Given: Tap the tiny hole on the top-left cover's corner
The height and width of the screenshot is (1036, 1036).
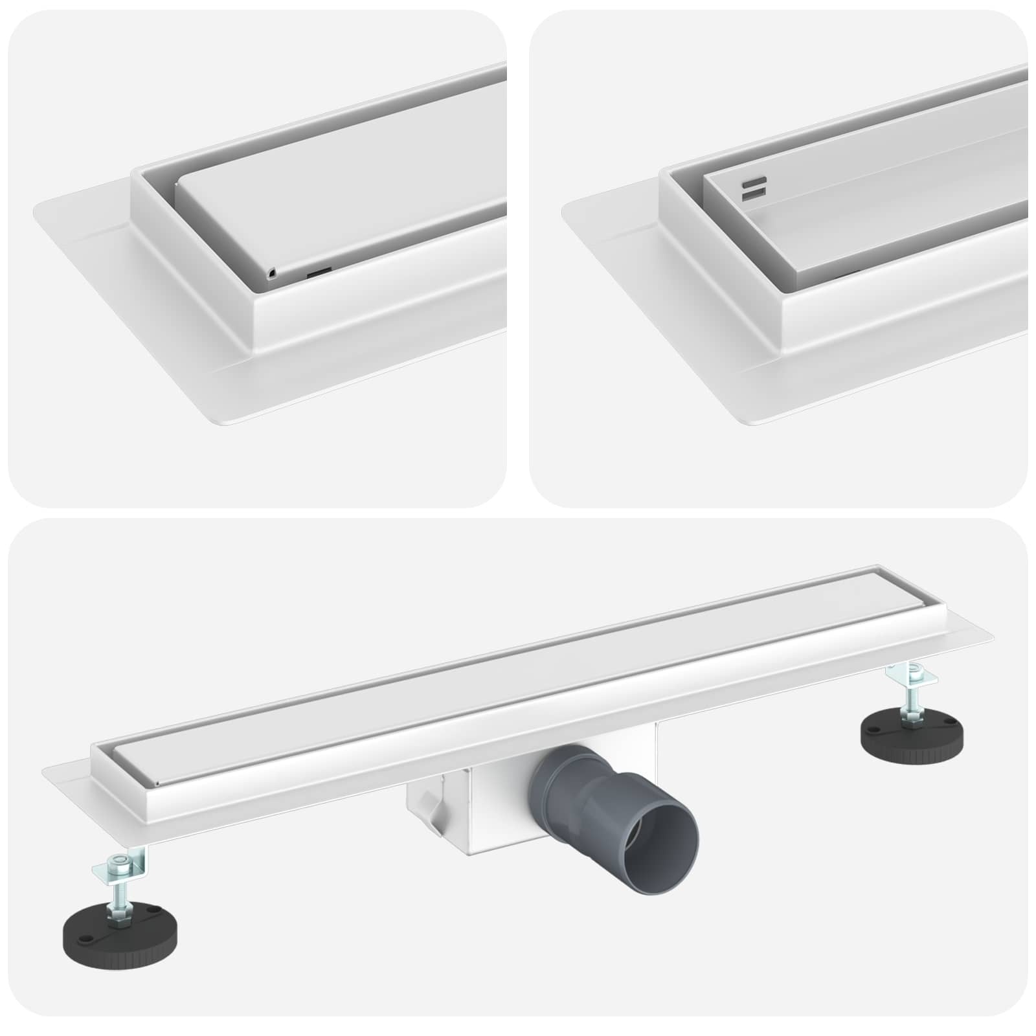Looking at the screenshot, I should (271, 274).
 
